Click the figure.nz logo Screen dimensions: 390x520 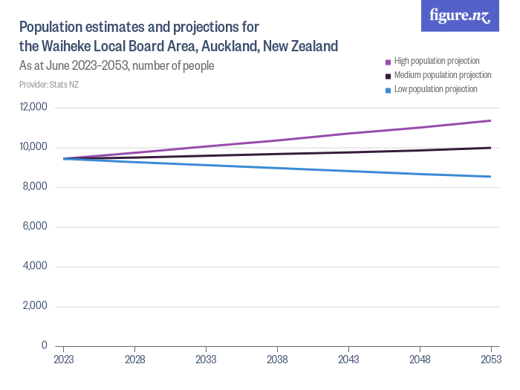click(460, 16)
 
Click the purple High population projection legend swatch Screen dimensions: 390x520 click(388, 62)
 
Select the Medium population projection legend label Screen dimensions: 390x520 click(442, 76)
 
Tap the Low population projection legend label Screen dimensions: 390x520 click(435, 89)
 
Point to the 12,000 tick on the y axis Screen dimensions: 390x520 click(33, 107)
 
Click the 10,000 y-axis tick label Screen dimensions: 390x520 click(33, 147)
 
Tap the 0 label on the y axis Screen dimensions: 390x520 click(45, 345)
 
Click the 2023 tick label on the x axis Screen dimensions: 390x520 click(63, 360)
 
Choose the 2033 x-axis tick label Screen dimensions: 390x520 click(206, 360)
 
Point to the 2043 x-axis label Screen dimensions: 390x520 click(348, 360)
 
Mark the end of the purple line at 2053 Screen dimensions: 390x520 click(490, 120)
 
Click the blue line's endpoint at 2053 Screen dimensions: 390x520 click(490, 177)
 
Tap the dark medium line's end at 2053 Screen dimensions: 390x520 click(490, 148)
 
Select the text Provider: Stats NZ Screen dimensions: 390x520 click(49, 85)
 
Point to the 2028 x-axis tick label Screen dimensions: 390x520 click(134, 360)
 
